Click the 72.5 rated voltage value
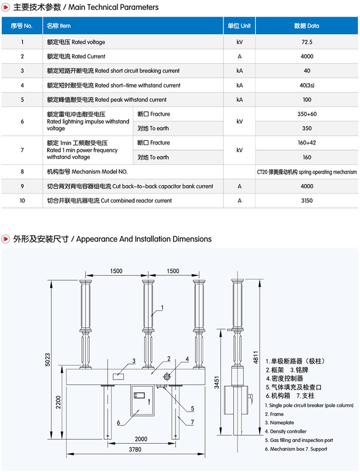306,42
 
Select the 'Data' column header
306,25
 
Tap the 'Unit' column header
239,25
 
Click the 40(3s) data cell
306,85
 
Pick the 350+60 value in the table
306,114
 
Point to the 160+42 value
306,143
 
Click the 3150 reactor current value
306,201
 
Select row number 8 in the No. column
22,172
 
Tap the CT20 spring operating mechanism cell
306,172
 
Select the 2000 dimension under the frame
141,439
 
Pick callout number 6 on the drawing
118,423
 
